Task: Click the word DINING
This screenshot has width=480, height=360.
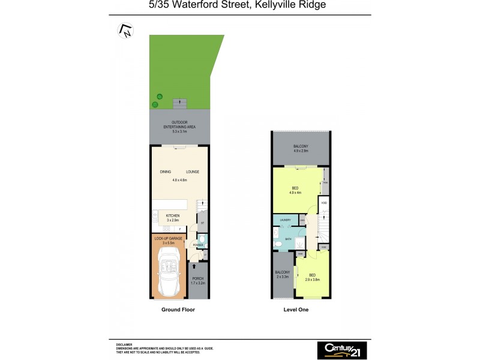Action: pyautogui.click(x=166, y=172)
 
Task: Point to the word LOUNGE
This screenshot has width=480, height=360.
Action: pyautogui.click(x=193, y=172)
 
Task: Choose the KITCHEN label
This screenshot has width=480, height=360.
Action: pyautogui.click(x=173, y=217)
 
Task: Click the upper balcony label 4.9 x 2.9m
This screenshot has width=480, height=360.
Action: pyautogui.click(x=301, y=149)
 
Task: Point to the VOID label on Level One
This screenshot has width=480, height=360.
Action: pyautogui.click(x=324, y=203)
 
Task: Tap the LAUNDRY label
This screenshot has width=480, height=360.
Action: pyautogui.click(x=285, y=220)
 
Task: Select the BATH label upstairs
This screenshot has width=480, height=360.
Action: pyautogui.click(x=288, y=239)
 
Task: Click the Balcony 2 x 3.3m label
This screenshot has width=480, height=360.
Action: pyautogui.click(x=283, y=275)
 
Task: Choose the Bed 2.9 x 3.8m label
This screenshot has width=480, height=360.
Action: pyautogui.click(x=313, y=278)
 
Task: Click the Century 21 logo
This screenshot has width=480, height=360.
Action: pyautogui.click(x=342, y=350)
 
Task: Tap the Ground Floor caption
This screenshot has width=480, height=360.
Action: pyautogui.click(x=178, y=310)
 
